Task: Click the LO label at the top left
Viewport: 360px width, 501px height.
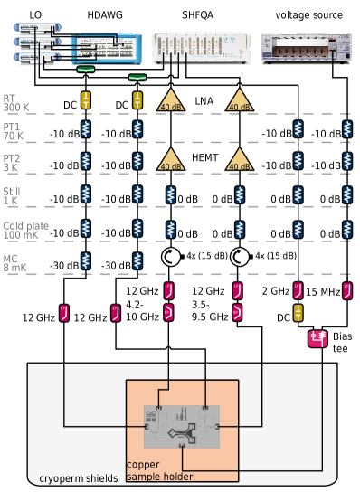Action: [x=35, y=14]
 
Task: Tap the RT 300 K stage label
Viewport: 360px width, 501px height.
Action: [x=15, y=102]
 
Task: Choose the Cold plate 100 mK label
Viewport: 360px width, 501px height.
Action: [x=25, y=230]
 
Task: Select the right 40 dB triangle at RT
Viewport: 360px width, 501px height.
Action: [x=239, y=100]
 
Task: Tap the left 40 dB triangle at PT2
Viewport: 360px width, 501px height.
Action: [x=171, y=161]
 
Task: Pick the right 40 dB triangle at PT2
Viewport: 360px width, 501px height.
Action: [x=239, y=161]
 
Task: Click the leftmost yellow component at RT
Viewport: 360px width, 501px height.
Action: [x=85, y=99]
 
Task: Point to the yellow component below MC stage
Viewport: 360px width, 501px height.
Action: [x=298, y=313]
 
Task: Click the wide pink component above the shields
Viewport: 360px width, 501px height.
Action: [x=317, y=338]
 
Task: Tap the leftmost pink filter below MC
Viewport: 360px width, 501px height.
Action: [x=63, y=313]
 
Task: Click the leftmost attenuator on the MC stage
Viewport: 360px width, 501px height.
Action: [x=85, y=261]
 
